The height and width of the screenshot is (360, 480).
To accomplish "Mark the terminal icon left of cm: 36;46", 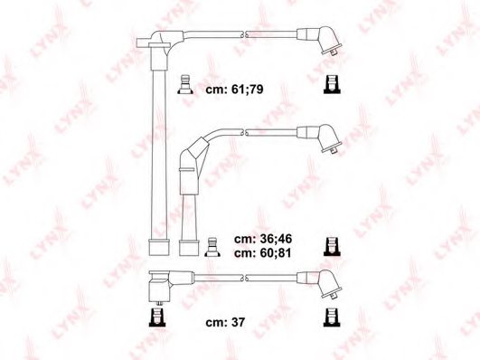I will (x=213, y=245).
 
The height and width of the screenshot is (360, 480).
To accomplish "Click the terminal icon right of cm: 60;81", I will (x=331, y=245).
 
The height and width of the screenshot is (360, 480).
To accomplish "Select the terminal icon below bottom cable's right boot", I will (x=331, y=317).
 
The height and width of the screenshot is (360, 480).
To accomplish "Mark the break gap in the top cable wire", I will (x=244, y=34).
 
